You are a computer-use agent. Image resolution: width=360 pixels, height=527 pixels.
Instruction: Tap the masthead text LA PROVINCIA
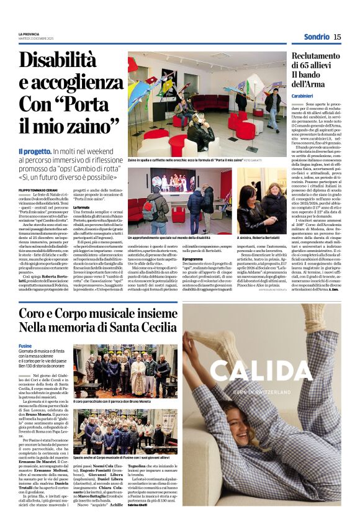click(x=29, y=34)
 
